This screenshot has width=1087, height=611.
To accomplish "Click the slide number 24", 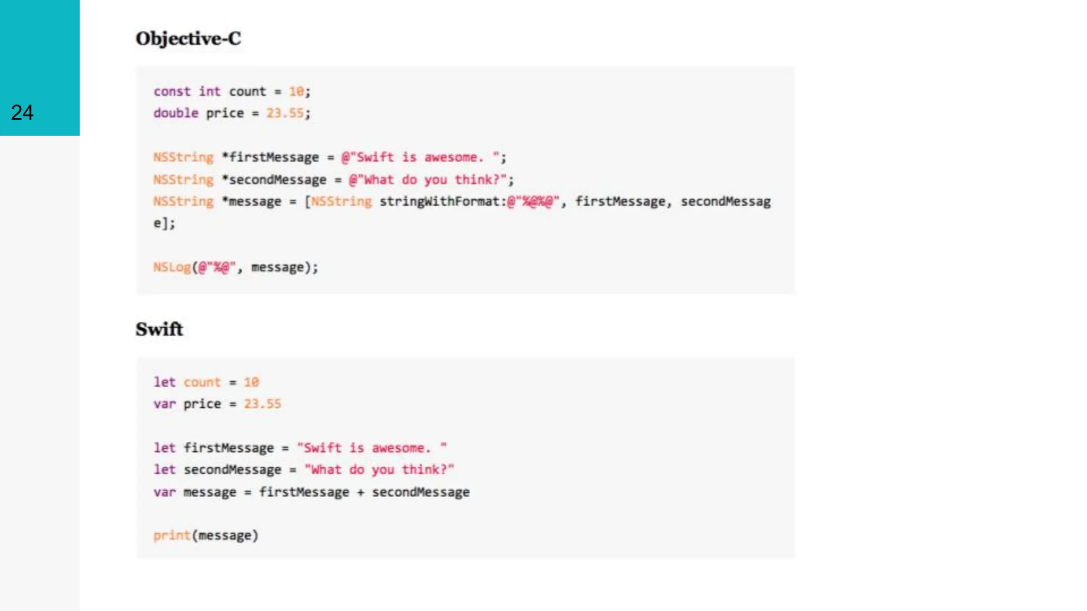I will pyautogui.click(x=22, y=112).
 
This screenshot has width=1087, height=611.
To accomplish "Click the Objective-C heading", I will pyautogui.click(x=188, y=39).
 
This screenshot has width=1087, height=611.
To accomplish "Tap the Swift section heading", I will pyautogui.click(x=159, y=329).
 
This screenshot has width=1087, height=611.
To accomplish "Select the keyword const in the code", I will pyautogui.click(x=172, y=92).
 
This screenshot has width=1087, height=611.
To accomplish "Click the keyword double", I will pyautogui.click(x=176, y=114).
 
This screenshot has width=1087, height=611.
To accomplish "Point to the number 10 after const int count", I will pyautogui.click(x=296, y=92).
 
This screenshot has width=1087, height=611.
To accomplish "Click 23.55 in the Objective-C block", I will pyautogui.click(x=285, y=114).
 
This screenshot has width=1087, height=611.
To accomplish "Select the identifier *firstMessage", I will pyautogui.click(x=270, y=158).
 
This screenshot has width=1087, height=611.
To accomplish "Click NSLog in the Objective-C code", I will pyautogui.click(x=172, y=267).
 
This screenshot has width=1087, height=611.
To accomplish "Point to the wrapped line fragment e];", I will pyautogui.click(x=164, y=223).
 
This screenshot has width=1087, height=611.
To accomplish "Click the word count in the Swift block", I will pyautogui.click(x=202, y=382).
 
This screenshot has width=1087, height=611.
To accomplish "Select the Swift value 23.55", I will pyautogui.click(x=262, y=404).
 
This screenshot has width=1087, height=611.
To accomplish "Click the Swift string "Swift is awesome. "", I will pyautogui.click(x=372, y=448).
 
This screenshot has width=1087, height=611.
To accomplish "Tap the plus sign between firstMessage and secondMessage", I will pyautogui.click(x=361, y=492).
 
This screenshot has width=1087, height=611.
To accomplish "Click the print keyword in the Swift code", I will pyautogui.click(x=172, y=536).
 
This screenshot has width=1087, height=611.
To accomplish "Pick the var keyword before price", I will pyautogui.click(x=165, y=404).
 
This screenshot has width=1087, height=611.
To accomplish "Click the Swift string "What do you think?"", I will pyautogui.click(x=379, y=470).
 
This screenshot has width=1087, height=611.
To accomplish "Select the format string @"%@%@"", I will pyautogui.click(x=533, y=202).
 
